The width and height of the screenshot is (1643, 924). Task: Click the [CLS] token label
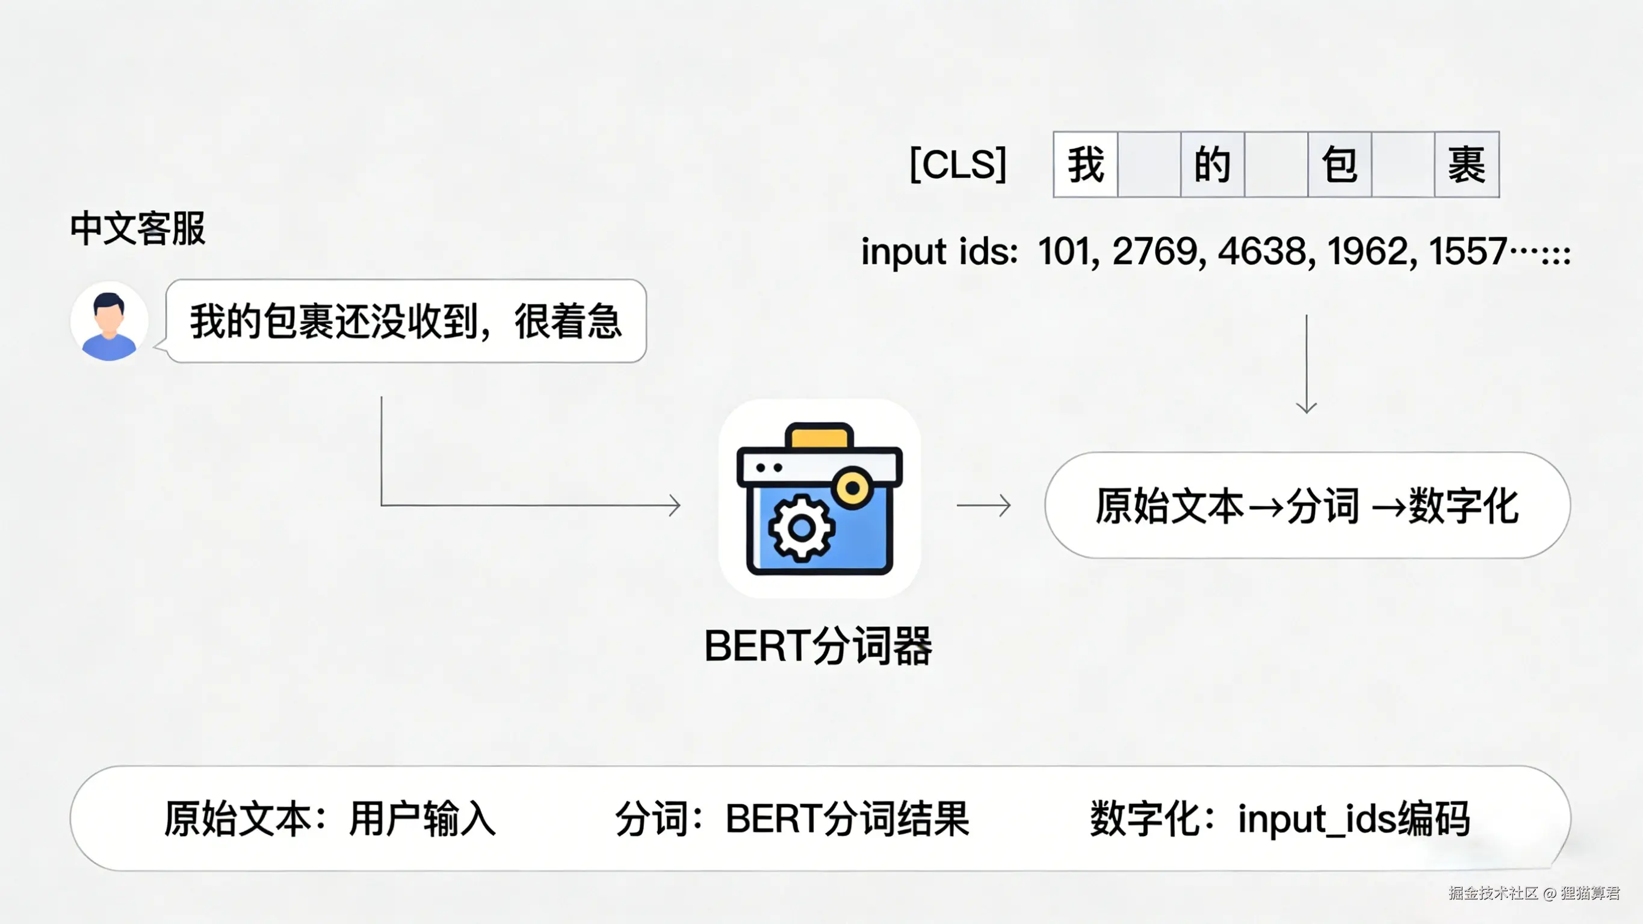[x=958, y=165]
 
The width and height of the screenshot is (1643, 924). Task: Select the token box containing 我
[x=1086, y=165]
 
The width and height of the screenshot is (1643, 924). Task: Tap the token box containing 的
[x=1212, y=165]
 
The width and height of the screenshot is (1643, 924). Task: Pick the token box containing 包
[x=1338, y=165]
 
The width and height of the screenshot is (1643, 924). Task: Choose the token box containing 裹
[x=1466, y=165]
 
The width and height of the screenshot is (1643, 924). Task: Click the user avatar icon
[x=109, y=321]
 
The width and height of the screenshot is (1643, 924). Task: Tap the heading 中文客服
[x=138, y=229]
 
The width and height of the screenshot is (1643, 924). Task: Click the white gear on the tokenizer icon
[x=801, y=528]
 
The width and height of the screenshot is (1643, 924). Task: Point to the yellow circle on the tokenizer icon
[x=853, y=489]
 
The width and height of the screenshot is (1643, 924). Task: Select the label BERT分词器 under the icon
[x=818, y=646]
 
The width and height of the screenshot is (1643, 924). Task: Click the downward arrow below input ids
[x=1306, y=364]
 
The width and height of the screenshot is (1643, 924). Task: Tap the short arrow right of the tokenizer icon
[x=983, y=506]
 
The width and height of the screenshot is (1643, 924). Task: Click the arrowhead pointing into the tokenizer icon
[x=675, y=506]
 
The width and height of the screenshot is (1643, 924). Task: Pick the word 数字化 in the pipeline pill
[x=1463, y=506]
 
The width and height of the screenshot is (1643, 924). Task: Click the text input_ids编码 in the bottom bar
[x=1354, y=819]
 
